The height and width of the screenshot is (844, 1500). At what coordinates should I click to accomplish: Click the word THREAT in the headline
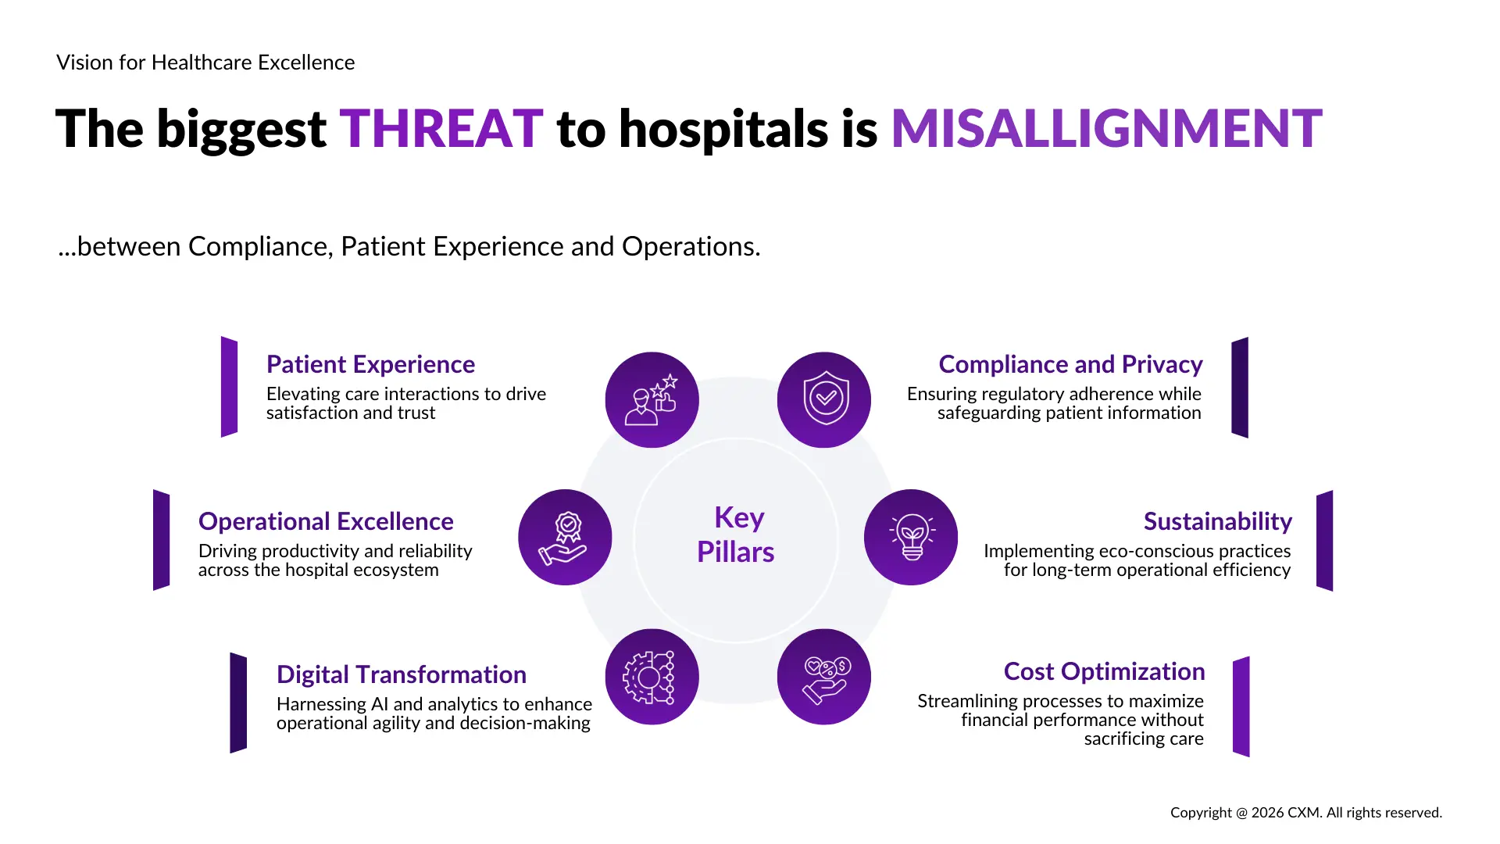[x=441, y=129]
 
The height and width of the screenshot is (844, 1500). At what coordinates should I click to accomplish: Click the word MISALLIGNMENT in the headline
[x=1107, y=129]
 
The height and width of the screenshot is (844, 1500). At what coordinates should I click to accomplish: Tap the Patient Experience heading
[x=370, y=364]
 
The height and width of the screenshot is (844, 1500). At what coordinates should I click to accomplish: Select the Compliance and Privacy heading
[x=1070, y=364]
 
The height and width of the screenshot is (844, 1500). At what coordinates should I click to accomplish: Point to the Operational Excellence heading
[x=326, y=521]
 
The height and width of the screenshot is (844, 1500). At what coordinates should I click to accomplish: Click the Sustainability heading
[x=1218, y=521]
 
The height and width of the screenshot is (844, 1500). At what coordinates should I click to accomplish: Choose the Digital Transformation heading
[x=402, y=674]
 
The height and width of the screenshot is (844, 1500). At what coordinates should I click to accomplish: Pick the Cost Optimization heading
[x=1104, y=671]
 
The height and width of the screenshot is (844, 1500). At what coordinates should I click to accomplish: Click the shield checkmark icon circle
[x=824, y=399]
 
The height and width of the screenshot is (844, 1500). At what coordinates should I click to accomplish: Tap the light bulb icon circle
[x=911, y=537]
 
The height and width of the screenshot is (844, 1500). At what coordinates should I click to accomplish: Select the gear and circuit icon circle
[x=652, y=677]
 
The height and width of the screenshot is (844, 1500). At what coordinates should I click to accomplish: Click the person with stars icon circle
[x=652, y=399]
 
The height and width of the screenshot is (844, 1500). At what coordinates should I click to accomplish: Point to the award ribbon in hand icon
[x=564, y=538]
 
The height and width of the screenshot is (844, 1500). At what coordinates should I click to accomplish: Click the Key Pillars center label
[x=736, y=535]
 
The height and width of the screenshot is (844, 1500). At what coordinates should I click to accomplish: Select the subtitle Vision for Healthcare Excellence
[x=205, y=63]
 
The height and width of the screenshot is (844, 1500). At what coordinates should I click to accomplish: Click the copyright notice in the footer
[x=1306, y=813]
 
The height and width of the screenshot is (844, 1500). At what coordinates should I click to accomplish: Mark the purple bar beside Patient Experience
[x=229, y=387]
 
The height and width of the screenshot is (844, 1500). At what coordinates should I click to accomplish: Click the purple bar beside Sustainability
[x=1325, y=541]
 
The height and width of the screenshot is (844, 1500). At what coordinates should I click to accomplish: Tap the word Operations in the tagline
[x=691, y=247]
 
